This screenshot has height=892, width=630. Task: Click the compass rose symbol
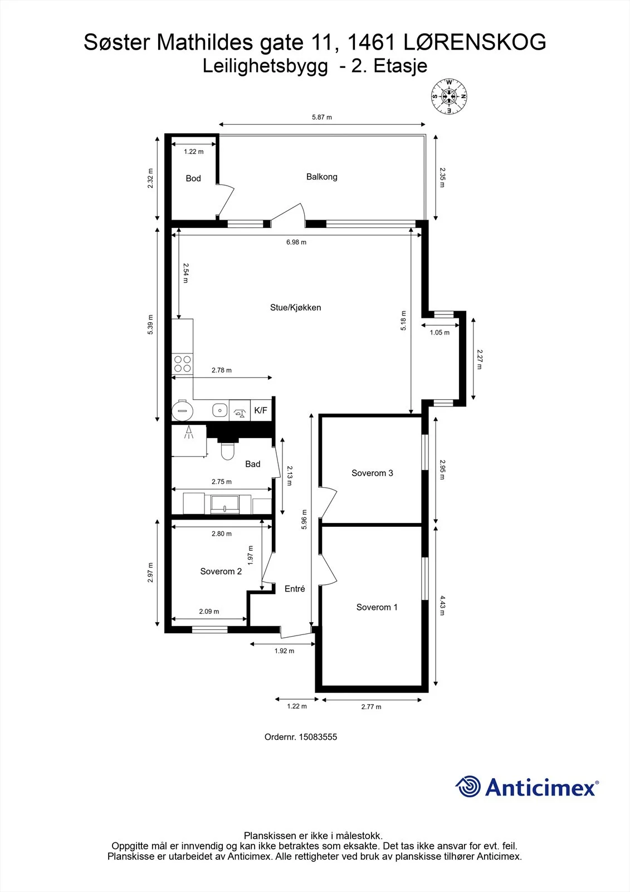(x=449, y=96)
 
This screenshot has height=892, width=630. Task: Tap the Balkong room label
(x=321, y=177)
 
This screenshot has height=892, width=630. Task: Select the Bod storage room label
(x=193, y=178)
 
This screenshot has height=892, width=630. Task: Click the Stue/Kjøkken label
(x=295, y=307)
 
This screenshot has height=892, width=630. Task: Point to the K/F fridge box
(x=261, y=410)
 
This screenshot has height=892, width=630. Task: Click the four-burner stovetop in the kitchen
(x=182, y=364)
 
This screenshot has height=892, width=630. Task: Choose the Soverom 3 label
(x=372, y=473)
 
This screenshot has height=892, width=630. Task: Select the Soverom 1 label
(x=377, y=607)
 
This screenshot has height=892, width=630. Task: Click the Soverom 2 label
(x=221, y=571)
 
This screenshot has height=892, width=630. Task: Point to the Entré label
(x=295, y=589)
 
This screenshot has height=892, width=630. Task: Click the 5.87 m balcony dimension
(x=321, y=117)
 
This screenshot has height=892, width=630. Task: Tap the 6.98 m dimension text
(x=296, y=242)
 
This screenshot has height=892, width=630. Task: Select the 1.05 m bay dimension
(x=439, y=332)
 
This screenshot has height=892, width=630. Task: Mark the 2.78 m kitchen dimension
(x=221, y=370)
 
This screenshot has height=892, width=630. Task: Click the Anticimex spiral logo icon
(x=468, y=787)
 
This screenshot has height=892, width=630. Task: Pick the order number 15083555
(x=318, y=736)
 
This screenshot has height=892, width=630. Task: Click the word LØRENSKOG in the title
(x=475, y=42)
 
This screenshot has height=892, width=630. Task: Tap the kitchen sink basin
(x=219, y=410)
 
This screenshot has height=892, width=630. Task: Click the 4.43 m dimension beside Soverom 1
(x=442, y=605)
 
